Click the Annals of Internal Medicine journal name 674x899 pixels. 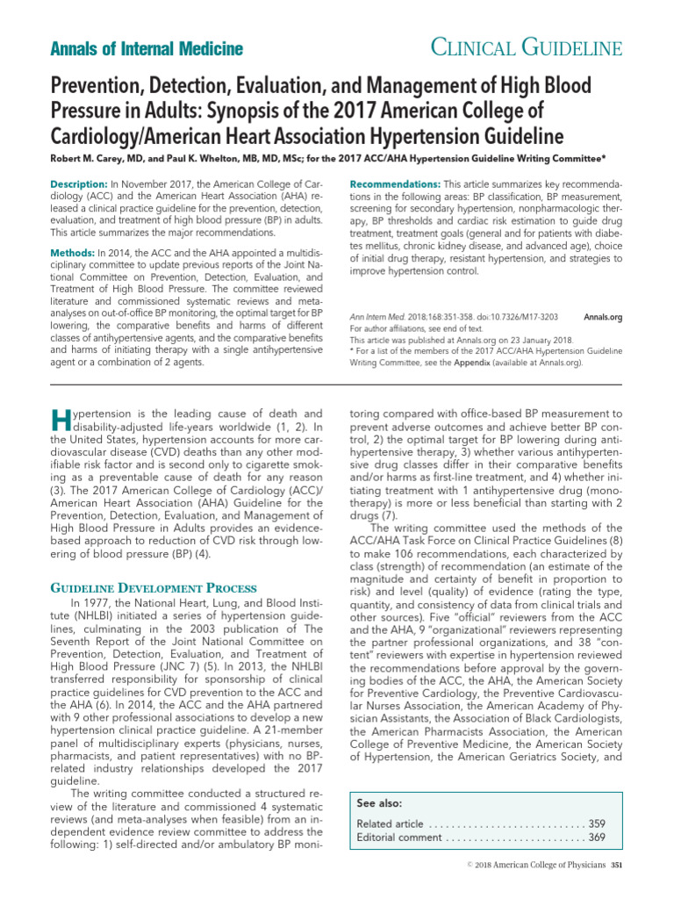pyautogui.click(x=145, y=49)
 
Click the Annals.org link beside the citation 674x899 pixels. pyautogui.click(x=602, y=316)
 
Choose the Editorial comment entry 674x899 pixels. pyautogui.click(x=399, y=838)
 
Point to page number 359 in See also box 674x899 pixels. pyautogui.click(x=597, y=823)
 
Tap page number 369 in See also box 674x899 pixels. pyautogui.click(x=597, y=838)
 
